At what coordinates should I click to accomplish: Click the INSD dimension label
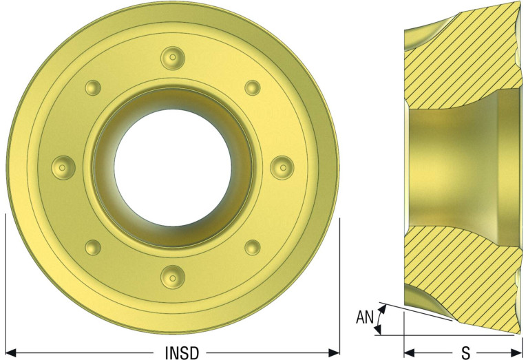pos(182,352)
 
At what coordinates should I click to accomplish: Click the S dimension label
pos(466,352)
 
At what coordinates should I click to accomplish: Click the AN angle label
pos(365,317)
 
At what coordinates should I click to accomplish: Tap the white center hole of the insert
pos(173,167)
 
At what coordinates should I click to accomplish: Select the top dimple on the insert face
pos(173,59)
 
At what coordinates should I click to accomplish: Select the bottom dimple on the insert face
pos(173,277)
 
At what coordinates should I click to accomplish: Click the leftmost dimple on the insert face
pos(63,167)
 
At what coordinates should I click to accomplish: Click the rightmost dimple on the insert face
pos(282,167)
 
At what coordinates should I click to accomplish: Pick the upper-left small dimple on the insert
pos(93,87)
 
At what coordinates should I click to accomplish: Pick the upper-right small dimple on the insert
pos(252,87)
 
